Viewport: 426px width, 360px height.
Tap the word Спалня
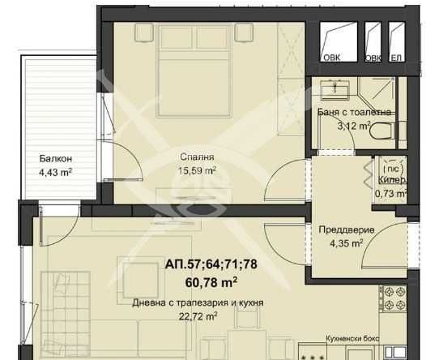(198, 157)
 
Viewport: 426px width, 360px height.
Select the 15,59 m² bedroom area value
(198, 170)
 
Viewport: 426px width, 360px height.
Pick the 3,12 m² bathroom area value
(352, 126)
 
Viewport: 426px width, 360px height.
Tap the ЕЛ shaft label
(396, 58)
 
